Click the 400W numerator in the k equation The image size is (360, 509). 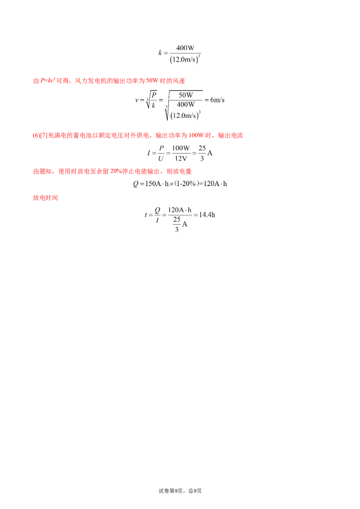pyautogui.click(x=185, y=48)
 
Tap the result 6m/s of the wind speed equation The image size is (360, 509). pyautogui.click(x=217, y=100)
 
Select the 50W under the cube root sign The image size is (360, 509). pyautogui.click(x=185, y=95)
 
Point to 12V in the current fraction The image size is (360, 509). pyautogui.click(x=181, y=158)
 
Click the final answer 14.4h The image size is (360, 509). pyautogui.click(x=207, y=214)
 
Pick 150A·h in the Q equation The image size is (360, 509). pyautogui.click(x=157, y=184)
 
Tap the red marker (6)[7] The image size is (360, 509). pyautogui.click(x=40, y=135)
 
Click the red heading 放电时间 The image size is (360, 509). pyautogui.click(x=45, y=198)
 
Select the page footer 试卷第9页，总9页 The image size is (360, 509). pyautogui.click(x=180, y=491)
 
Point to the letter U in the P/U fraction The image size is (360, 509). pyautogui.click(x=161, y=159)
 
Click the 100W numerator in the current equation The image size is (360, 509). pyautogui.click(x=181, y=148)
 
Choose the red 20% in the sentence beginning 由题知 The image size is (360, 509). pyautogui.click(x=116, y=171)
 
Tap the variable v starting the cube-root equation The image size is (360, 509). pyautogui.click(x=137, y=100)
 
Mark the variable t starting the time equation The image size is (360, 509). pyautogui.click(x=145, y=215)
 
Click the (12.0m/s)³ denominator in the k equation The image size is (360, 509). pyautogui.click(x=185, y=59)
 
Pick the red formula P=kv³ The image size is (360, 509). pyautogui.click(x=47, y=80)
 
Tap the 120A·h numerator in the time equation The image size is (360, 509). pyautogui.click(x=180, y=210)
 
